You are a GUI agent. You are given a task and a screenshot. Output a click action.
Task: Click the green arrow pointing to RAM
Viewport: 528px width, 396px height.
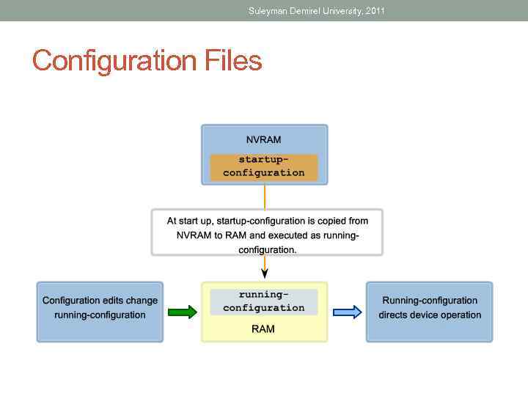183,312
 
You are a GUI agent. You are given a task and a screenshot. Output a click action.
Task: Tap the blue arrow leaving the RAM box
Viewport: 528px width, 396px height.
348,312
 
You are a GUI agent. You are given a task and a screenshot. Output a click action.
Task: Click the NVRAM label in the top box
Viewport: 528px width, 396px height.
263,139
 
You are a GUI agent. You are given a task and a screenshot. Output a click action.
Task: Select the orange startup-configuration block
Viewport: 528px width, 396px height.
263,166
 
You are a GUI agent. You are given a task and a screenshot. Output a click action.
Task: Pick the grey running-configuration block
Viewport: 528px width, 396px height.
263,301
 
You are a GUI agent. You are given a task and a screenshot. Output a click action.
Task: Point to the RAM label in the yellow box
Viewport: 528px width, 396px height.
263,329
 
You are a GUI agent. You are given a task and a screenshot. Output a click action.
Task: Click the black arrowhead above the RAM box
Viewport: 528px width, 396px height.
265,273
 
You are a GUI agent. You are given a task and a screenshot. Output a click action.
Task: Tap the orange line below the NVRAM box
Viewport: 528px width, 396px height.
265,197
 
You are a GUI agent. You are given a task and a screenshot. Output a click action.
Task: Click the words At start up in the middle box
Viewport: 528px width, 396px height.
190,221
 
